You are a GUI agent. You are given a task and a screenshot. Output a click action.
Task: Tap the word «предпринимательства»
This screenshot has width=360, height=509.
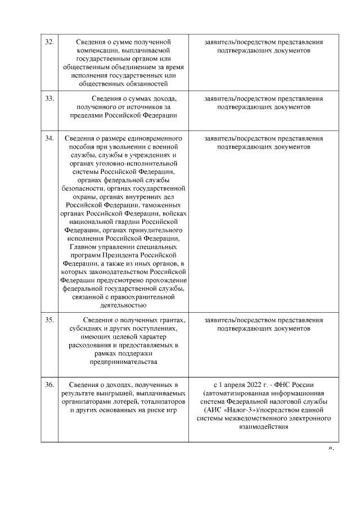[x=123, y=362]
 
